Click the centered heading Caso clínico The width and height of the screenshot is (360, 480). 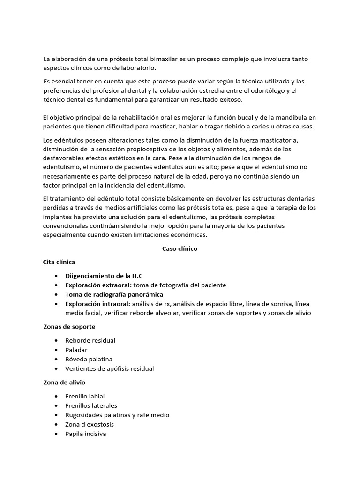click(180, 249)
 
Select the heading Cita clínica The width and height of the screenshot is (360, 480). click(59, 262)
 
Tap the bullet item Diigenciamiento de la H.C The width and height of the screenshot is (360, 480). click(104, 276)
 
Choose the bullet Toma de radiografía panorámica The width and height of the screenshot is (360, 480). click(114, 294)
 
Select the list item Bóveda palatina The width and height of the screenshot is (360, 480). click(89, 359)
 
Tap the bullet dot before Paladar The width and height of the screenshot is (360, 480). click(56, 350)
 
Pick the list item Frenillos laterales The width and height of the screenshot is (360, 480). click(91, 405)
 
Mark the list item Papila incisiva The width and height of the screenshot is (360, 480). click(86, 434)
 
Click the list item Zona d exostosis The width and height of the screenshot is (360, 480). click(90, 424)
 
